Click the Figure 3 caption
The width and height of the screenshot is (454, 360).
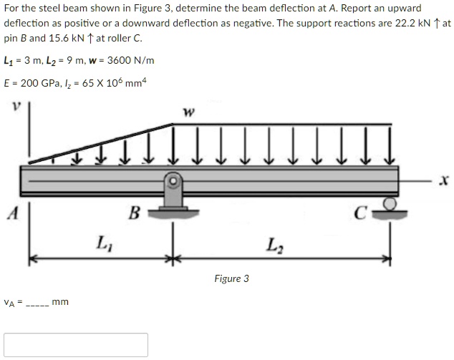pyautogui.click(x=231, y=278)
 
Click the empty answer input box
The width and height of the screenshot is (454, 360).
pyautogui.click(x=76, y=344)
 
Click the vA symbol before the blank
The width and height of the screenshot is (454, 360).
pyautogui.click(x=9, y=303)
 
